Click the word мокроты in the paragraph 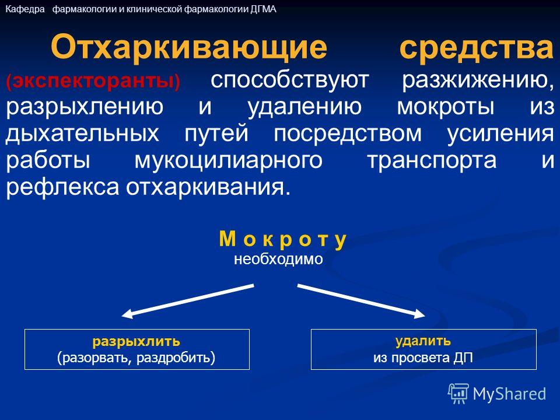446,106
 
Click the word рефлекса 62,187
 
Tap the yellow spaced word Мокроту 282,239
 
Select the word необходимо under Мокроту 278,259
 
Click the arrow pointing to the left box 188,301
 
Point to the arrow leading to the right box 361,301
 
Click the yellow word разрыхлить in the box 136,342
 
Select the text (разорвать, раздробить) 136,358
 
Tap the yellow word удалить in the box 423,341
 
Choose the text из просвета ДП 423,358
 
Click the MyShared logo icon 459,394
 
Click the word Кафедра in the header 25,9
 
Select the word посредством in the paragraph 348,134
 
